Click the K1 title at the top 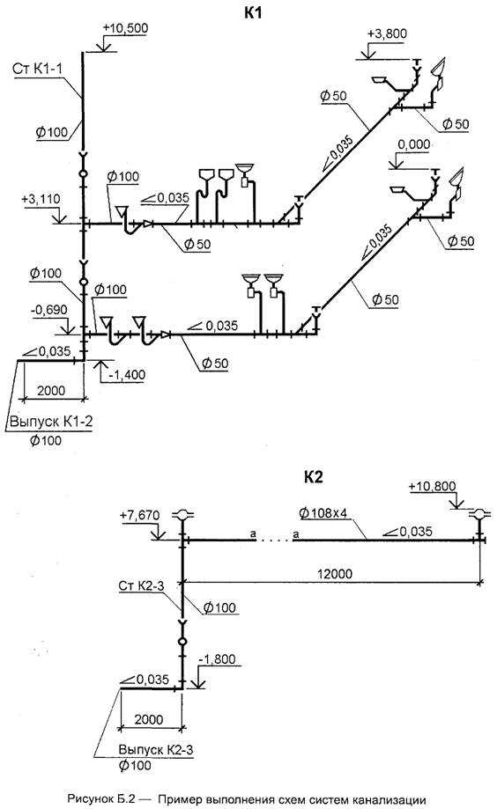[x=253, y=13]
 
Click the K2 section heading [x=313, y=477]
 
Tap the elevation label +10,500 [x=125, y=28]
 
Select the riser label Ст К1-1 [x=40, y=70]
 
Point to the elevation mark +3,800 [x=387, y=34]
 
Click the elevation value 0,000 [x=413, y=144]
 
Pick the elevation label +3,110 [x=41, y=199]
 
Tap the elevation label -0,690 [x=49, y=310]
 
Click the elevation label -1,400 [x=127, y=375]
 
